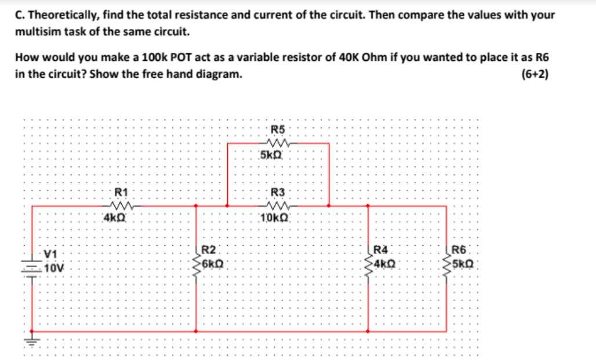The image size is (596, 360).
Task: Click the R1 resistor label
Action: click(x=121, y=192)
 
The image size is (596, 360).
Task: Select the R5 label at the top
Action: click(x=278, y=129)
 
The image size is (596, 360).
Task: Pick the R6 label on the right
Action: click(x=459, y=250)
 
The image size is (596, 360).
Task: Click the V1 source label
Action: click(x=52, y=254)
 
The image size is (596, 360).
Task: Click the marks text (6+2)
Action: click(x=535, y=74)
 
